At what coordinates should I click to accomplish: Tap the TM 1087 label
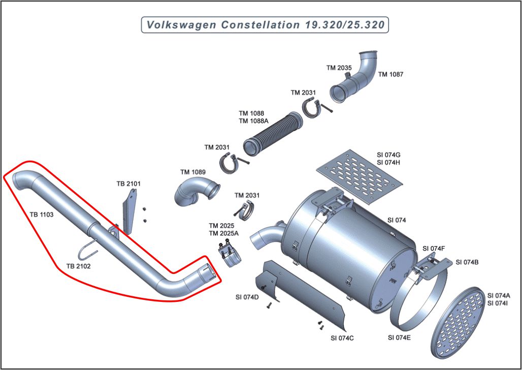point(391,74)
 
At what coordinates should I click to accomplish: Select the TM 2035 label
point(339,67)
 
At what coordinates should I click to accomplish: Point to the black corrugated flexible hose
point(272,134)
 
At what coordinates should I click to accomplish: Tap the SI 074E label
point(400,337)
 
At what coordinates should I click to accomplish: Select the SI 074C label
point(342,338)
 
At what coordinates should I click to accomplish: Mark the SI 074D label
point(247,297)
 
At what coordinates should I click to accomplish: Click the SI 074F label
point(434,249)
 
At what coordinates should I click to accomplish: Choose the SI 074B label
point(467,262)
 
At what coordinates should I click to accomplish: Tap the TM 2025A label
point(223,233)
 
